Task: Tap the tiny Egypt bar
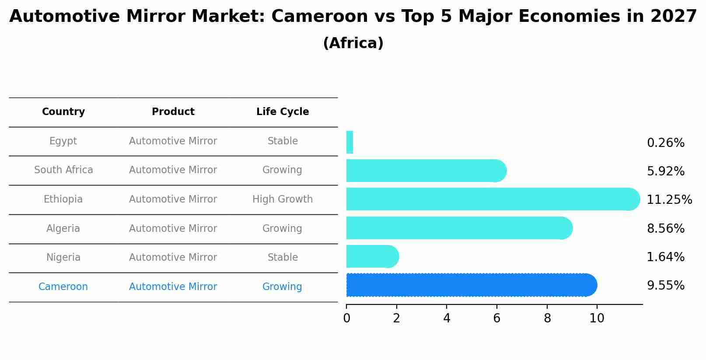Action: point(350,143)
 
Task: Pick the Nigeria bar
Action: point(372,256)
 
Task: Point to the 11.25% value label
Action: point(669,200)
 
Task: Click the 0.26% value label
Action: point(665,143)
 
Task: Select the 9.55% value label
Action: point(665,286)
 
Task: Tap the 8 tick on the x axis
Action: point(547,318)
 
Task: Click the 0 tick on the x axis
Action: point(346,318)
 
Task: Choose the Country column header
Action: point(63,112)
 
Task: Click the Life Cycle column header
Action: point(283,112)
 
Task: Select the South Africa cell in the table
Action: point(63,170)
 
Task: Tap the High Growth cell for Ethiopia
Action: point(283,199)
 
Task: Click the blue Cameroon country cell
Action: point(63,287)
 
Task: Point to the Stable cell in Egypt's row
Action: point(283,141)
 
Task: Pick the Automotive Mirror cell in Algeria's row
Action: point(173,229)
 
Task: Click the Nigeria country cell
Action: point(63,258)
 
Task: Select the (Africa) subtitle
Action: point(353,43)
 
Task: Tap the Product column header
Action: point(173,112)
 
